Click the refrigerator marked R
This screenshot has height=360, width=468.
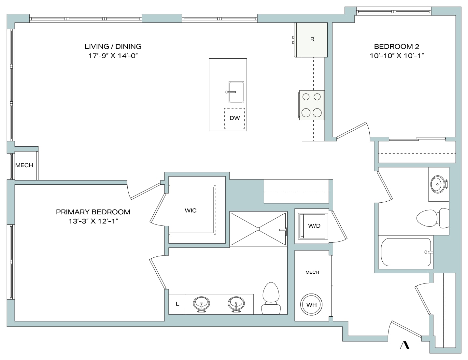(311, 40)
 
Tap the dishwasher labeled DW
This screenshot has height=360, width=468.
(234, 118)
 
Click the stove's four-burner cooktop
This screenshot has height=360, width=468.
(311, 105)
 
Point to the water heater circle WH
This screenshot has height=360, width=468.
(311, 304)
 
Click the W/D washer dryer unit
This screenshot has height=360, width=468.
(313, 226)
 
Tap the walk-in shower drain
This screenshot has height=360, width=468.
(258, 229)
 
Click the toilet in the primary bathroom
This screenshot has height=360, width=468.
(271, 298)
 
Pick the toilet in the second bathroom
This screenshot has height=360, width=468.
(433, 218)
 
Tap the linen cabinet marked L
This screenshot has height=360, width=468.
(177, 304)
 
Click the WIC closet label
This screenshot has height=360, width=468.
(191, 210)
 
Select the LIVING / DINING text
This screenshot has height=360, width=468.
(113, 46)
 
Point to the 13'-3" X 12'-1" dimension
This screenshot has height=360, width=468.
(93, 221)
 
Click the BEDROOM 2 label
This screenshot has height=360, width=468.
(396, 46)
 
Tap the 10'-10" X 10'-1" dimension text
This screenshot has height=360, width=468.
(397, 56)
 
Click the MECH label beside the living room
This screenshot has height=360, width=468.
(24, 165)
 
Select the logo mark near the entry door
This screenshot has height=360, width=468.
(405, 346)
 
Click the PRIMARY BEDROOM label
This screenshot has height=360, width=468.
(93, 212)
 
